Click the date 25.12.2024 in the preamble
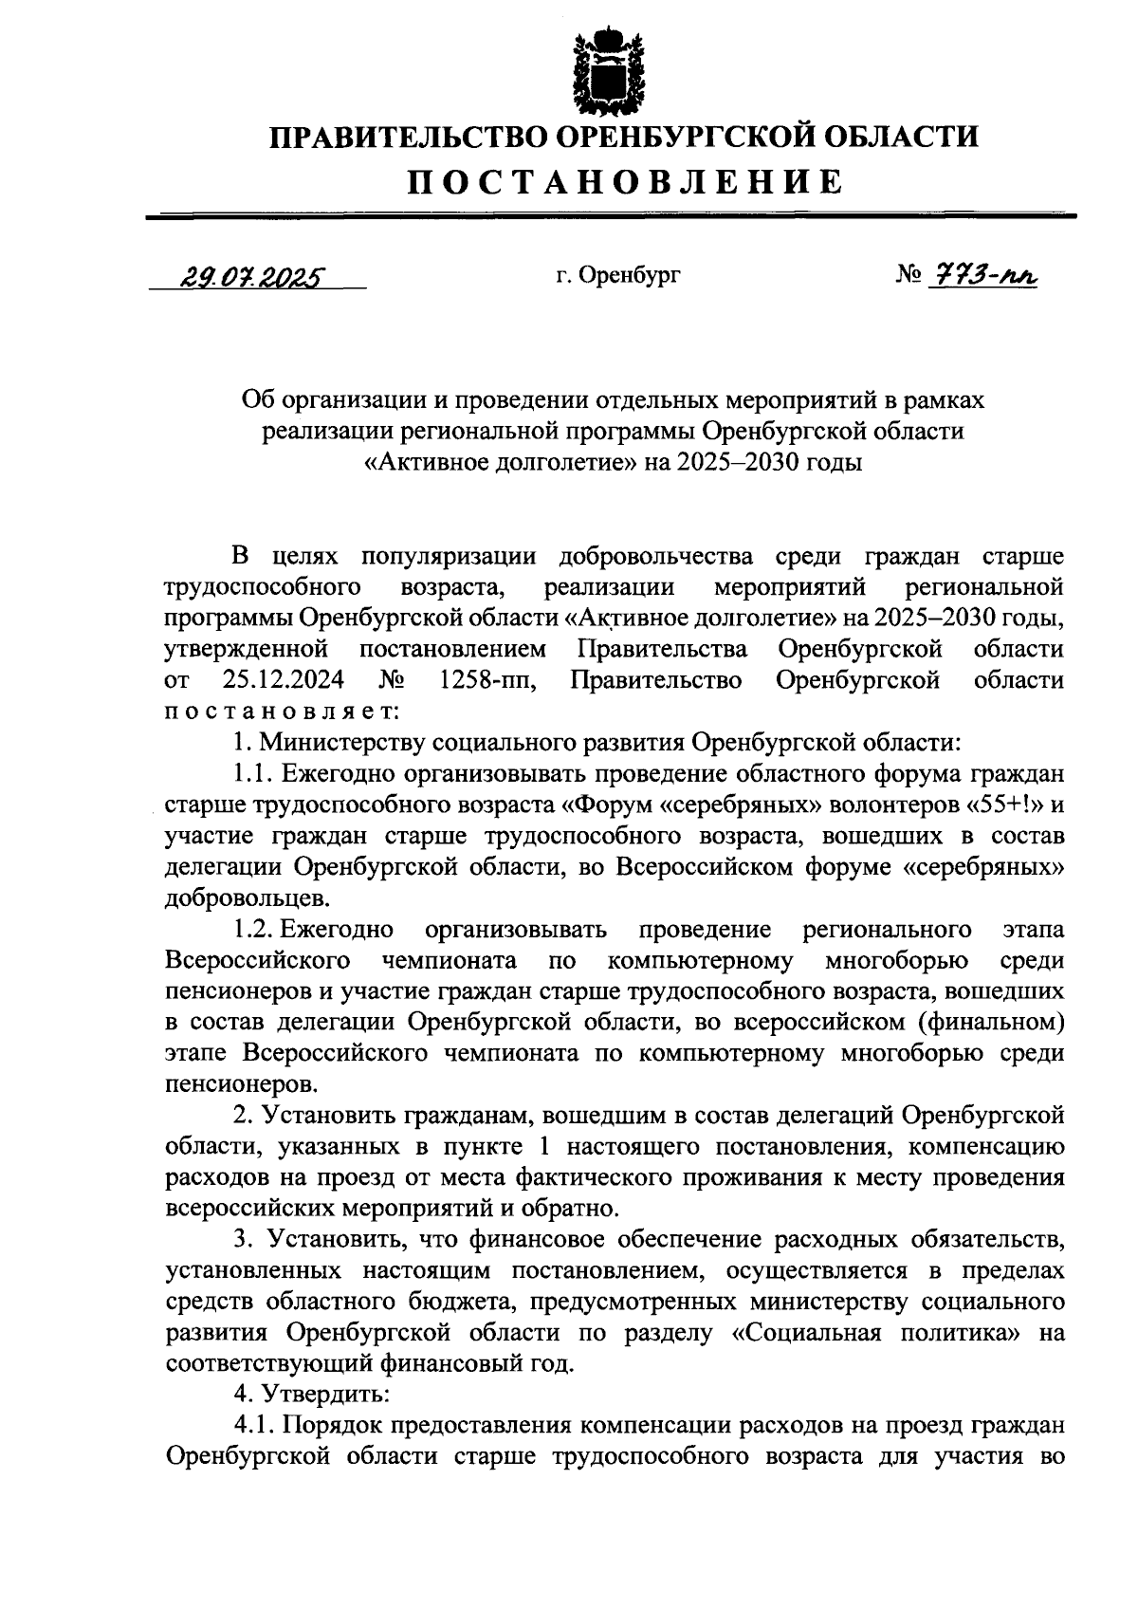click(284, 680)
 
